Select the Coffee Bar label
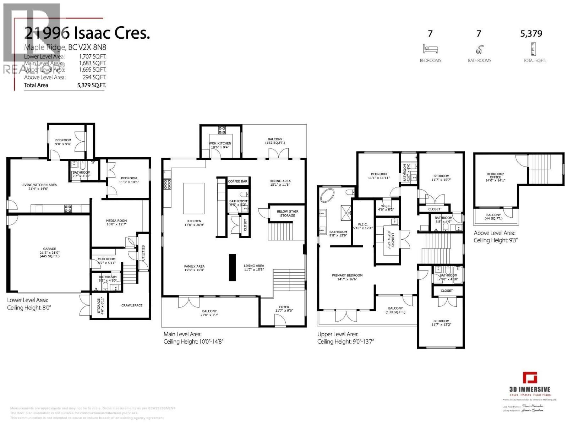pos(237,181)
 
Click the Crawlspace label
pos(132,305)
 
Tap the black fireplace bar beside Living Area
pos(232,267)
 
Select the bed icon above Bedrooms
pos(430,49)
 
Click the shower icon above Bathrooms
pos(479,49)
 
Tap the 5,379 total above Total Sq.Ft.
pos(531,34)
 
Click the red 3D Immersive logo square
pos(530,377)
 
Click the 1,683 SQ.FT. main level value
pos(92,63)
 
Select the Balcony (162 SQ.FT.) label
pos(275,141)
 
